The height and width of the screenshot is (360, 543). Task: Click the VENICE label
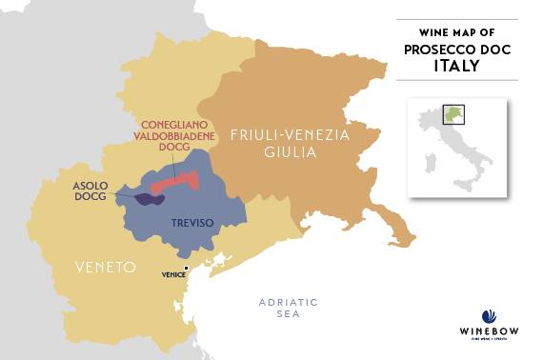coord(172,274)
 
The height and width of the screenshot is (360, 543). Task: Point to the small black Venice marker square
coord(187,268)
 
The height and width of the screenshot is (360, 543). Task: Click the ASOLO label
coord(91,187)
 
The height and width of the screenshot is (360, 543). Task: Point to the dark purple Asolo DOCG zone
coord(148,199)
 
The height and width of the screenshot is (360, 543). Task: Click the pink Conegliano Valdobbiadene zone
coord(176,181)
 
